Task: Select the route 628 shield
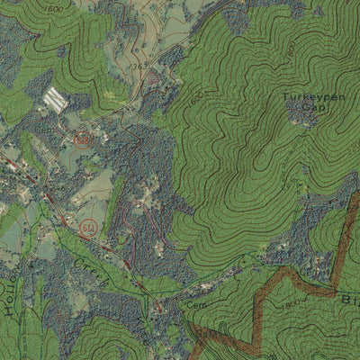click(x=84, y=139)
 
